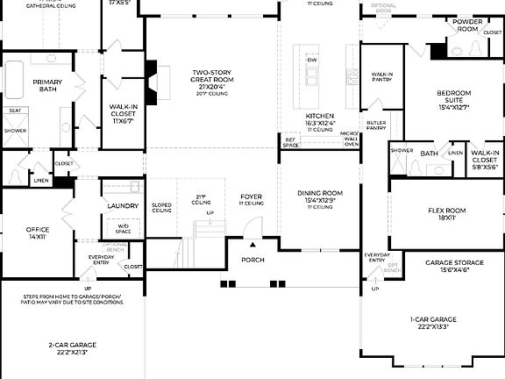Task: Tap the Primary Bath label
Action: [48, 85]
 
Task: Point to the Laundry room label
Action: [122, 206]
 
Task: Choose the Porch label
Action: [252, 260]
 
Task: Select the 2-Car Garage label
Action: [74, 348]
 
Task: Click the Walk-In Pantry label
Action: [381, 77]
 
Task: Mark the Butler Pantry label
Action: [376, 125]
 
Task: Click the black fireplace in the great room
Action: [151, 70]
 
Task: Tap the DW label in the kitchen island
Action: [311, 60]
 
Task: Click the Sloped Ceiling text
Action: [162, 209]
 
